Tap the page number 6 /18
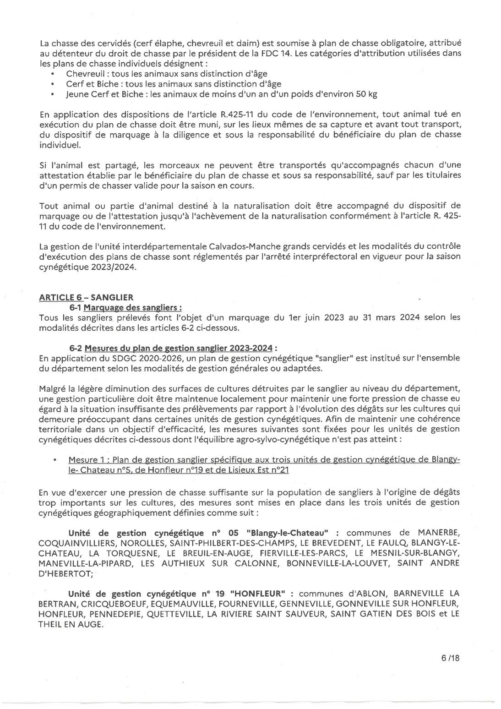[450, 658]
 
